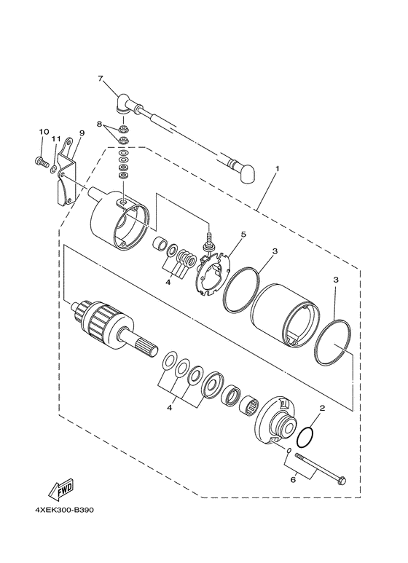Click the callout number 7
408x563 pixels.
(x=101, y=78)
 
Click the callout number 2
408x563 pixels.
(x=321, y=410)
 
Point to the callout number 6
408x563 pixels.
(x=293, y=480)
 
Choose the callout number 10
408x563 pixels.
(x=44, y=132)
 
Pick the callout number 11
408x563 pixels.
(x=55, y=139)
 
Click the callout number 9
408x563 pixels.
(x=81, y=133)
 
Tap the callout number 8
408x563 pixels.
(x=99, y=125)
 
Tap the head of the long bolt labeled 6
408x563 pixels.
(x=344, y=480)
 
